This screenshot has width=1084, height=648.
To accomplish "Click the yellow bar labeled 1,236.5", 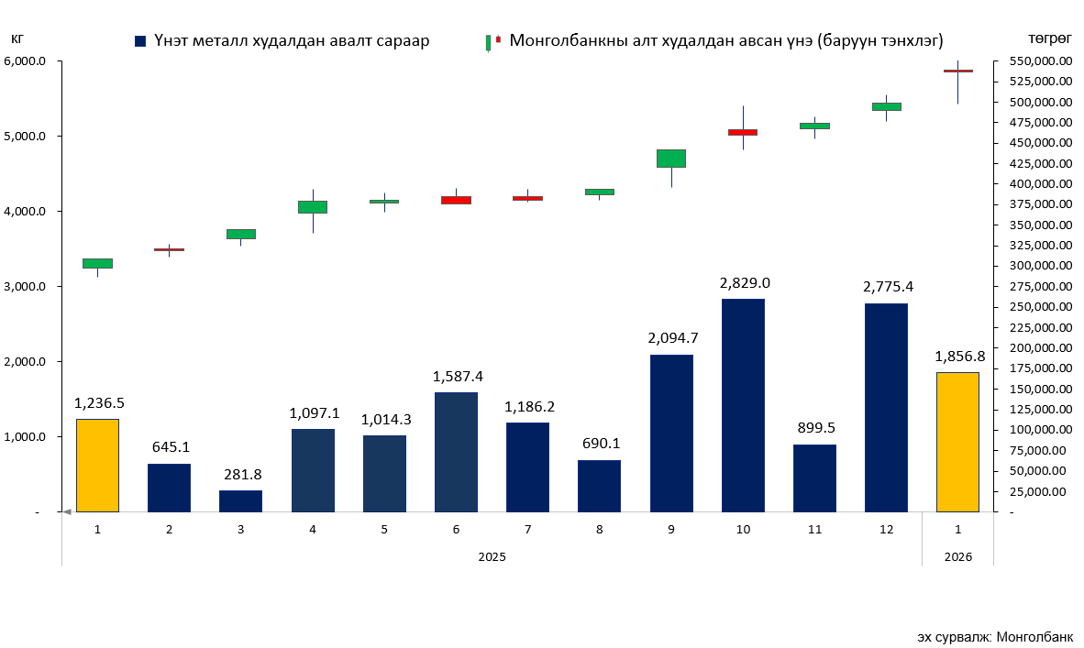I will point(97,465).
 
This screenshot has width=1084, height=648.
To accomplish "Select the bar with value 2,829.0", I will point(743,404).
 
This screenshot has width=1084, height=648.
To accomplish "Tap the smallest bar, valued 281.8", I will point(240,500).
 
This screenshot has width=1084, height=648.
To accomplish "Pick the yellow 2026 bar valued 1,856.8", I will point(957,442).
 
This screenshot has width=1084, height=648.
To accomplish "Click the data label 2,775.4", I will point(888,287).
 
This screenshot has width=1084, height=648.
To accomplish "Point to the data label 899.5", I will point(815,427).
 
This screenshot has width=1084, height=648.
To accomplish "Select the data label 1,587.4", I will point(457,376).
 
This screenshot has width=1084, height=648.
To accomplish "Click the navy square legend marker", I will point(140,41).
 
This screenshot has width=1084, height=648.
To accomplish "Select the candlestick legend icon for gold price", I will point(492,41).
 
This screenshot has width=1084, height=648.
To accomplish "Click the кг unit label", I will point(17,38).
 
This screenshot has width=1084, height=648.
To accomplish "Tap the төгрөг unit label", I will point(1050,38).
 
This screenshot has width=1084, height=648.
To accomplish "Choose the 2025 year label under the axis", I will point(492,556).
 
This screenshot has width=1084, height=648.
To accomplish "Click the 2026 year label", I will point(957,556).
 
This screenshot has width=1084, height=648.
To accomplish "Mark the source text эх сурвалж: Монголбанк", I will point(995,636).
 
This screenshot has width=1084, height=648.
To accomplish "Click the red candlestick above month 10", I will point(743,132).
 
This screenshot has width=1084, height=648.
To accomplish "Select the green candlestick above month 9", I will point(671,158).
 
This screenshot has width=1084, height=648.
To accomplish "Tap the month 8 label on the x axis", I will point(600,530).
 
